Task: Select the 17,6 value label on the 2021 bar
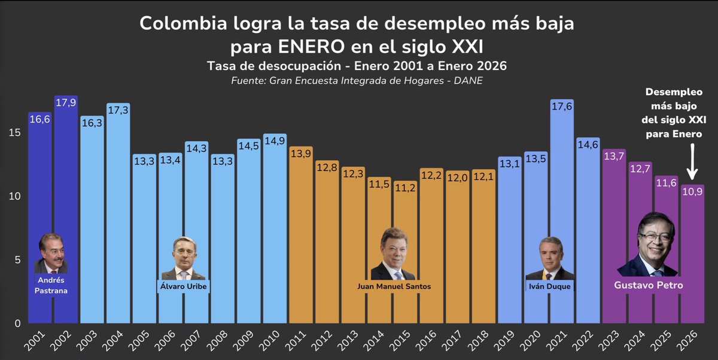pos(562,108)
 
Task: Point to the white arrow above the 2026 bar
pos(692,161)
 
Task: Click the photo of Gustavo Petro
pos(649,245)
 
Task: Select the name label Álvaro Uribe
pos(184,286)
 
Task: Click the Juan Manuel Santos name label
pos(394,286)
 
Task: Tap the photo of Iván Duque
pos(549,259)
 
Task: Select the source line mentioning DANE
pos(357,81)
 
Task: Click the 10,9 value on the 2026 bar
pos(692,193)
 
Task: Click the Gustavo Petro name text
pos(649,285)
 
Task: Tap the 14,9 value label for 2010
pos(275,142)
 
